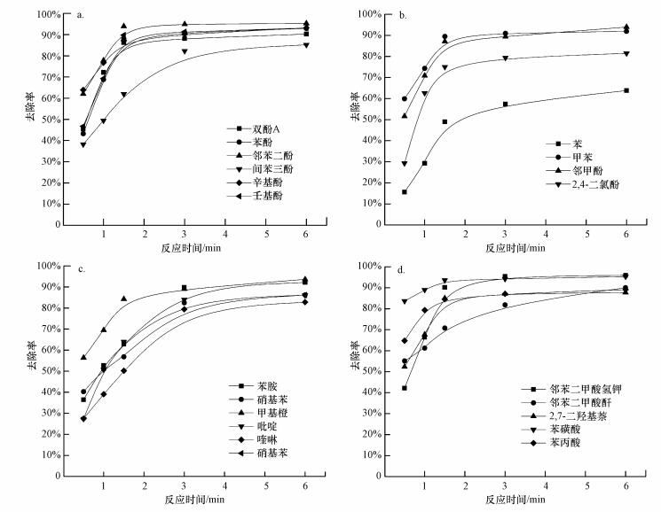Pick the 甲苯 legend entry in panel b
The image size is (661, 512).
580,156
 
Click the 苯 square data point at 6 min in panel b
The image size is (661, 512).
626,90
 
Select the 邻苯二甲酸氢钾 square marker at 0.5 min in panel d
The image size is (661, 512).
405,388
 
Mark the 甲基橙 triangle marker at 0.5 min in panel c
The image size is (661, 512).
84,357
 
